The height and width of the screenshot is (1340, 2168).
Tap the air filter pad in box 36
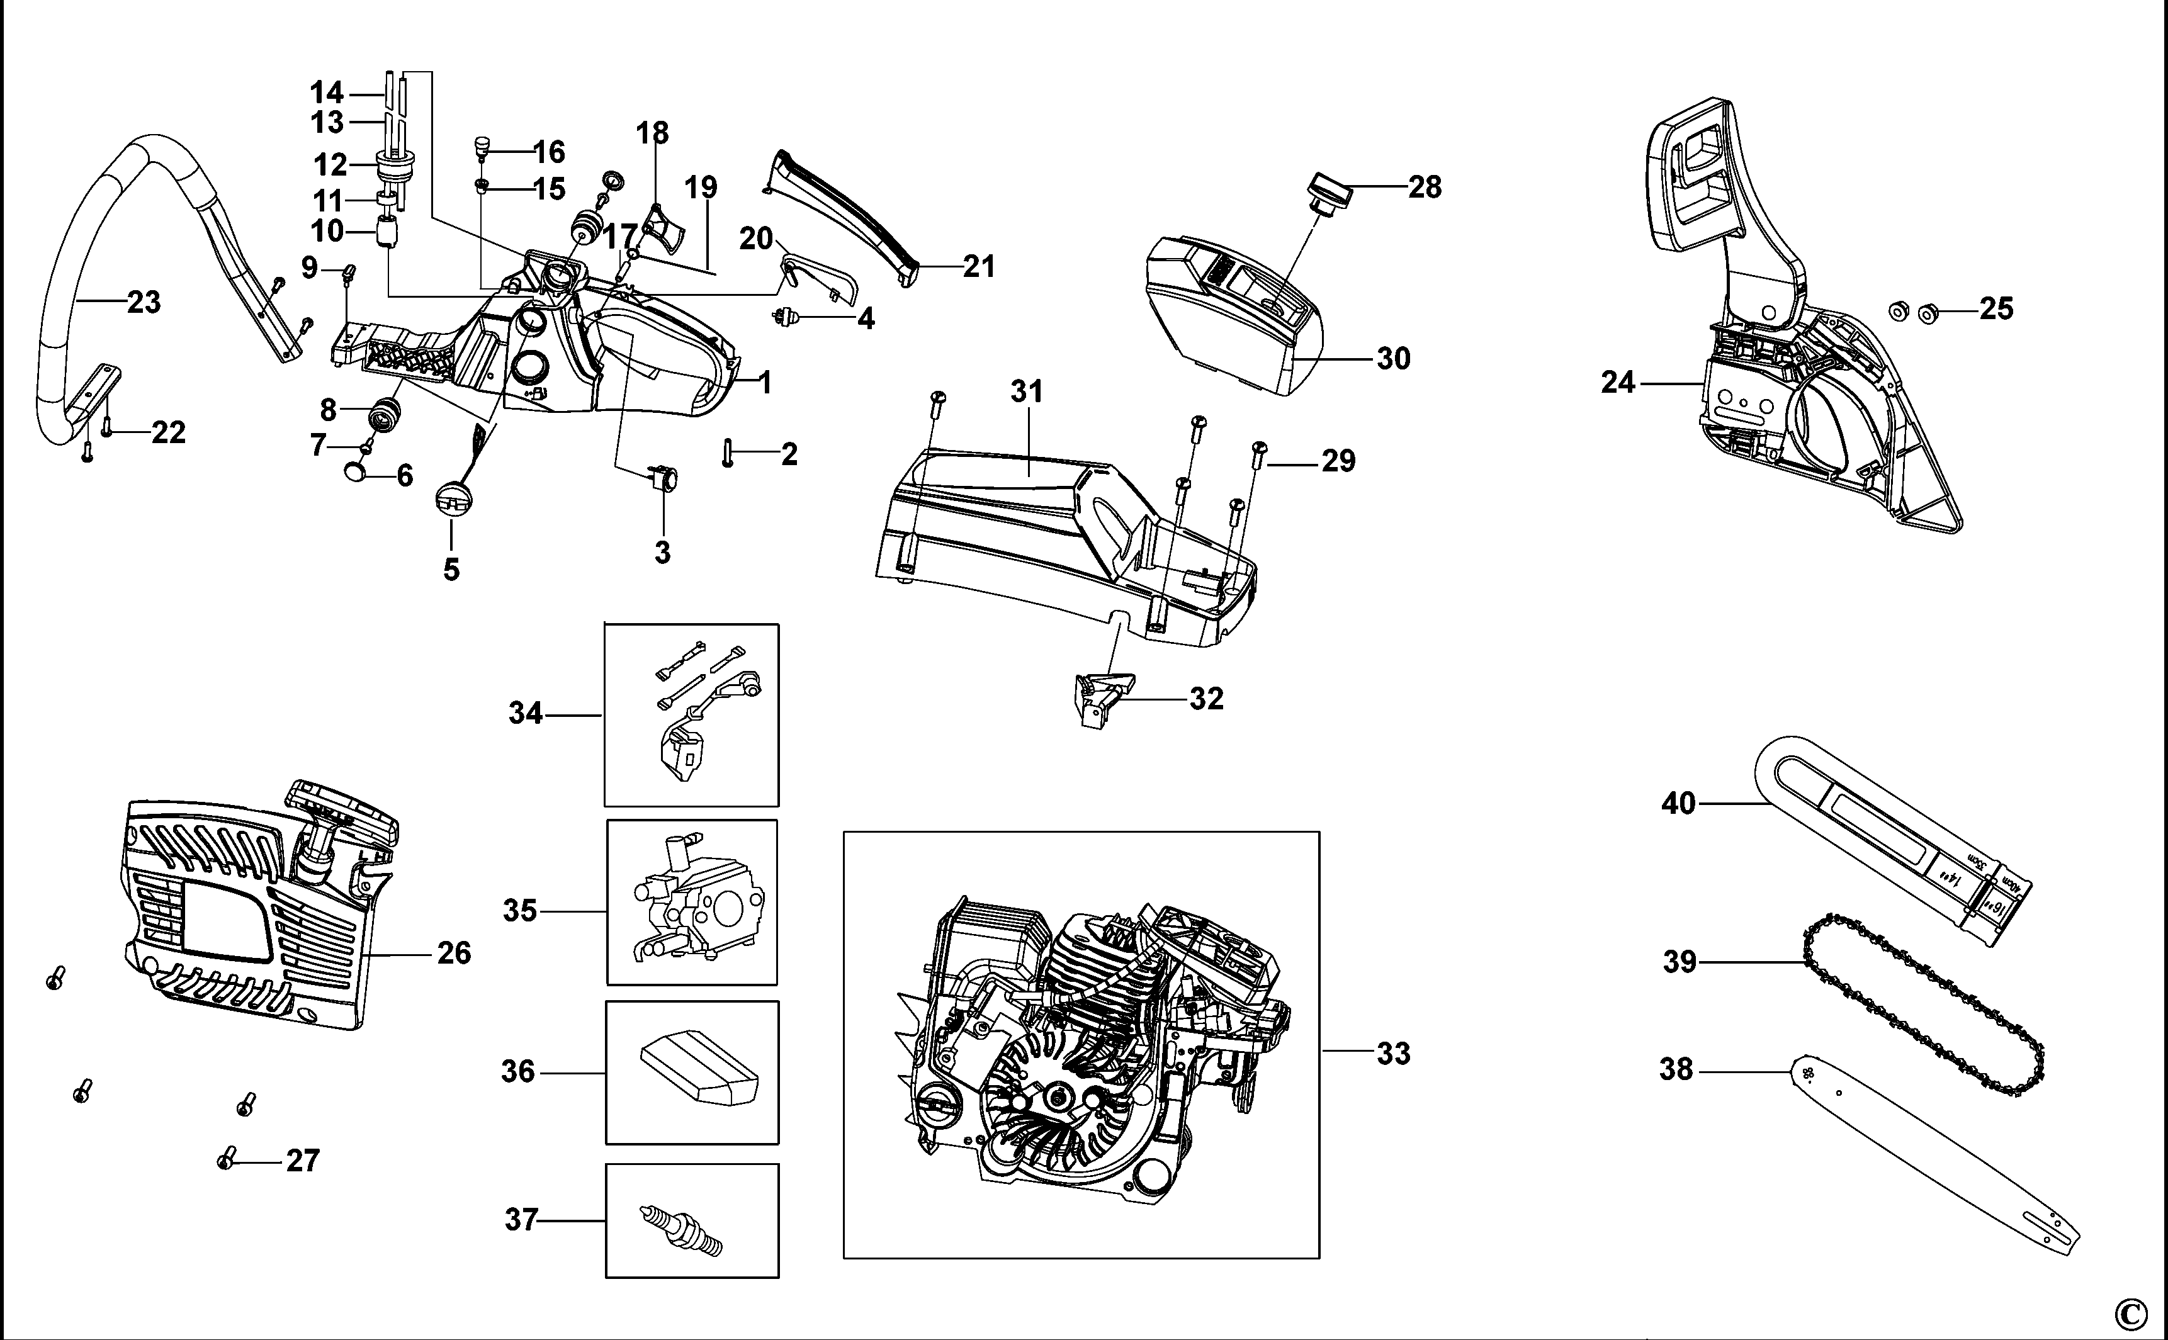[699, 1073]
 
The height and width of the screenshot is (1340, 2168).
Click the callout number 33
[1392, 1054]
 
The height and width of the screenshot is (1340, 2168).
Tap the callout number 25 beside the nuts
[1996, 309]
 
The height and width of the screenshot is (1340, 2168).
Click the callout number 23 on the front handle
[144, 303]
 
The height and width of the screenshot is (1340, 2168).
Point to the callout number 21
[978, 267]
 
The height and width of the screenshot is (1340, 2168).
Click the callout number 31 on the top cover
[1027, 391]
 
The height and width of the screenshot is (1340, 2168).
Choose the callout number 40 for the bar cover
[1678, 804]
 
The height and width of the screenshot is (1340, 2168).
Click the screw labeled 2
[728, 453]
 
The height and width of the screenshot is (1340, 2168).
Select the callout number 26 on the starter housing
[454, 954]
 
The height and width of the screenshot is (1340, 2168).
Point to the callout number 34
[526, 713]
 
